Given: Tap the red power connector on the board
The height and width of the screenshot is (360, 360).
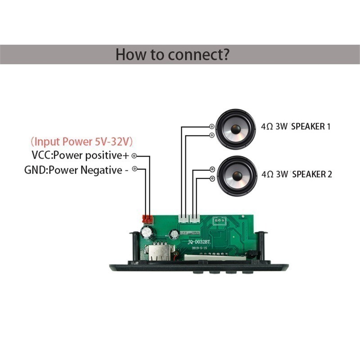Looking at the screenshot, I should point(147,220).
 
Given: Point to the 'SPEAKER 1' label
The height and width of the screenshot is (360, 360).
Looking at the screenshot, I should point(311,127).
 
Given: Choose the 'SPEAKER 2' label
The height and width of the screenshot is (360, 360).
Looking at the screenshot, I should point(312,174).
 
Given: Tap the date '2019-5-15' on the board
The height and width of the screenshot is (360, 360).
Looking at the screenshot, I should point(201,248).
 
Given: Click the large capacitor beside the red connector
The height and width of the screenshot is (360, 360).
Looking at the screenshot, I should point(148,233).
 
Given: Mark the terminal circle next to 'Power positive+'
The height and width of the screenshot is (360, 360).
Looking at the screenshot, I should point(134,156).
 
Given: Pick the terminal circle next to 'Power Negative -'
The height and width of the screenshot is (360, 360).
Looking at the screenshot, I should point(134,170).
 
